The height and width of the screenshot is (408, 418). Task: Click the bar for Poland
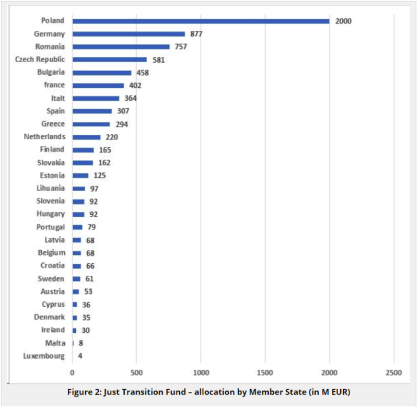click(x=201, y=21)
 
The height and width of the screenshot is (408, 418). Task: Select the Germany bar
click(x=129, y=34)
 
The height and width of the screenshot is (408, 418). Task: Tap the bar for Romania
click(x=121, y=47)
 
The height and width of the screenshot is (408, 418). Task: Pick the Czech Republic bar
click(x=110, y=60)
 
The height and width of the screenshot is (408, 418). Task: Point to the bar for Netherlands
click(x=87, y=137)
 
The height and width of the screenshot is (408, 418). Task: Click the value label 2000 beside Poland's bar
click(x=343, y=21)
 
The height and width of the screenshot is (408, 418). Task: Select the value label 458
click(x=143, y=73)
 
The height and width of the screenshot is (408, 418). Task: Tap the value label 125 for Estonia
click(x=100, y=176)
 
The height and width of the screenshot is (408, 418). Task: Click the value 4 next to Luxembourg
click(x=80, y=356)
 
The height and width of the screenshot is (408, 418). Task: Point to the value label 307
click(x=123, y=111)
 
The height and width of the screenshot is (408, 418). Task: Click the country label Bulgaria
click(x=51, y=72)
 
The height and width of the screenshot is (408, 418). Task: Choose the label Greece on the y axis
click(x=53, y=124)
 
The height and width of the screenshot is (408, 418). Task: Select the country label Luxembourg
click(x=44, y=356)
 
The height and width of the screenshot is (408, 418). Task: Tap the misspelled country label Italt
click(x=58, y=98)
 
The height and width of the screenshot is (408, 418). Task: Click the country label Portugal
click(x=51, y=227)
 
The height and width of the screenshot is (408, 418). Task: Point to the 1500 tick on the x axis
click(x=265, y=372)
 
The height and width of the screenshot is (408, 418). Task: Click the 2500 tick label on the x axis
click(x=394, y=372)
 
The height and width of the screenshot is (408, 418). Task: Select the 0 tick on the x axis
click(x=72, y=372)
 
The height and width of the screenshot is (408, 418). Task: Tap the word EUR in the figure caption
click(x=340, y=392)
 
